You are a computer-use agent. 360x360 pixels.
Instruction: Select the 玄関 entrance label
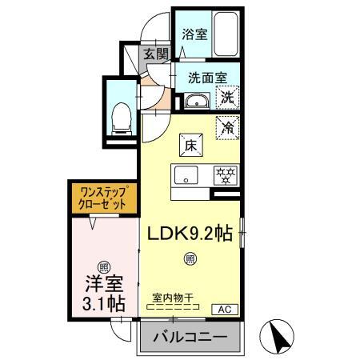point(156,54)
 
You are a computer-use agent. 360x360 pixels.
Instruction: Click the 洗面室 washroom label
point(207,78)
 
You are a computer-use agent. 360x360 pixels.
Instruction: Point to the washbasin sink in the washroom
point(196,102)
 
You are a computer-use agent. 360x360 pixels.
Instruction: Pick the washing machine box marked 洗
point(227,98)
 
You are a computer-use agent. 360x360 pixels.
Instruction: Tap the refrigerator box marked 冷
point(228,126)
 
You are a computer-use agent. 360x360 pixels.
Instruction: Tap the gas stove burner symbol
point(226,175)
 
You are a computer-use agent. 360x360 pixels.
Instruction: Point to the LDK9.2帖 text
point(189,233)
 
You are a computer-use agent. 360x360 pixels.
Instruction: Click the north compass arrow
point(280,336)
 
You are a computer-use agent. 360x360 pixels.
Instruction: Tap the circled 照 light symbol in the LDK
point(190,258)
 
